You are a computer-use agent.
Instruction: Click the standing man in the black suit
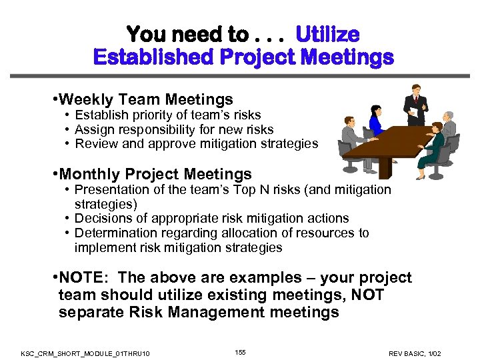tap(415, 107)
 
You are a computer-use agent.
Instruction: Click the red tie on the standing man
tap(416, 101)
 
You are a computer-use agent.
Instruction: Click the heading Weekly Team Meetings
tap(145, 100)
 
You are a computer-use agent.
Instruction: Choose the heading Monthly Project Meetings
tap(155, 175)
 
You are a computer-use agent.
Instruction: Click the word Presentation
tap(112, 189)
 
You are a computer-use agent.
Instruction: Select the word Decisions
tap(102, 218)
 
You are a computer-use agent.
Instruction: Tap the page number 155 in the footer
tap(240, 351)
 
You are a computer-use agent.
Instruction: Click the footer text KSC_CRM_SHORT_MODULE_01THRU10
tap(85, 353)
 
